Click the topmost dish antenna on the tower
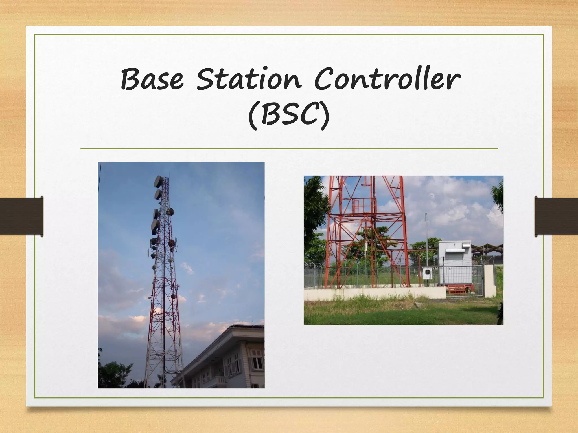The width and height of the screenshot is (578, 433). click(x=158, y=182)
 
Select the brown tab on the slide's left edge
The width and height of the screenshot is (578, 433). click(x=21, y=216)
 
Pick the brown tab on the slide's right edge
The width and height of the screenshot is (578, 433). click(x=557, y=216)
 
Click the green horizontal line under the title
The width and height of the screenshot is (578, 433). click(x=289, y=149)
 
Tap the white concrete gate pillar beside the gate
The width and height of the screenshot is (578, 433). click(x=490, y=280)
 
